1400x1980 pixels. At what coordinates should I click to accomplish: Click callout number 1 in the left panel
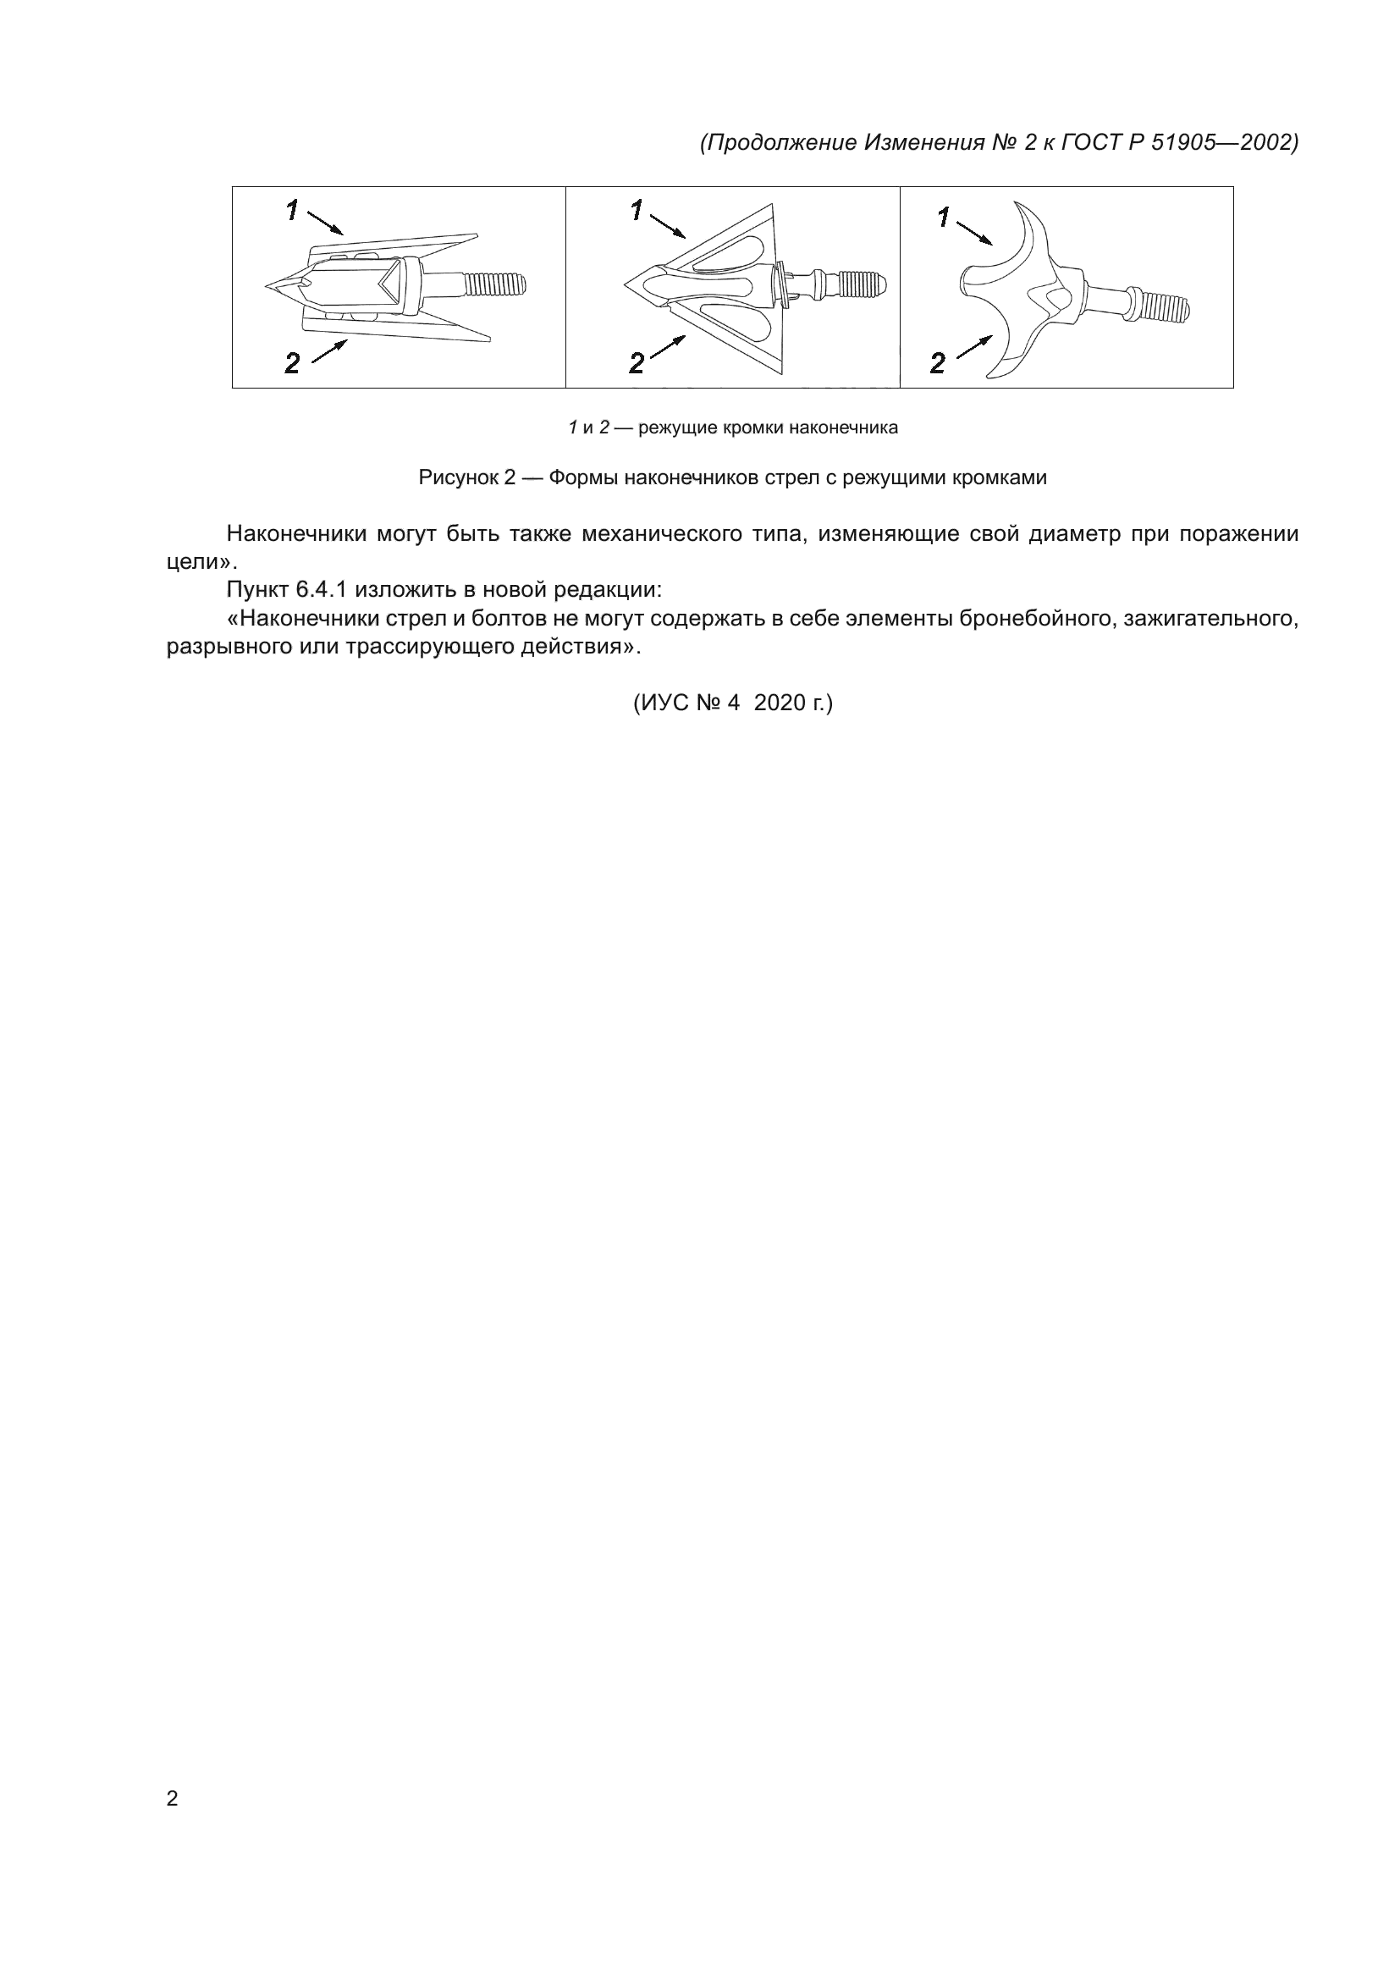293,210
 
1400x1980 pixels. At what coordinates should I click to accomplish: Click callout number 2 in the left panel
293,364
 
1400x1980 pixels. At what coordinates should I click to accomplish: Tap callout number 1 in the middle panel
637,210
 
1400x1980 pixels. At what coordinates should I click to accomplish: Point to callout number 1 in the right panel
945,218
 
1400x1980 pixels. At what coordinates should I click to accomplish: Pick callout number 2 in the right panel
938,364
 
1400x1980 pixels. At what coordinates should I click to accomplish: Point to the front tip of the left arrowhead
268,284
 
